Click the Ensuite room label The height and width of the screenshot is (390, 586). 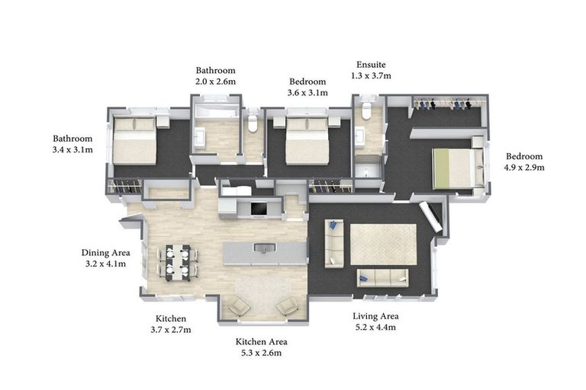click(371, 65)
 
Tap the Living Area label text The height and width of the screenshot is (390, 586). click(375, 316)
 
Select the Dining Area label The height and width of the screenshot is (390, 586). click(106, 253)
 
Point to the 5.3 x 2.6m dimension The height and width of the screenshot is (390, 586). click(261, 353)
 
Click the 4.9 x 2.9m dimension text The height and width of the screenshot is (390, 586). click(524, 167)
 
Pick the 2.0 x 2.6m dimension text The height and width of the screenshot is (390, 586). click(216, 82)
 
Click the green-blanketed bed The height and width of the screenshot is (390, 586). click(458, 168)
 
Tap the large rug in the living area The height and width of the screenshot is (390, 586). click(383, 245)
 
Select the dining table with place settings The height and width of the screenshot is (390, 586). click(178, 263)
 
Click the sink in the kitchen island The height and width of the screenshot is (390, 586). click(265, 248)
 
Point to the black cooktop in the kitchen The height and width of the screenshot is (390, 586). click(259, 209)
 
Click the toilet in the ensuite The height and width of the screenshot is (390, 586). click(366, 109)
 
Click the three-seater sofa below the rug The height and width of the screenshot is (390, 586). click(382, 278)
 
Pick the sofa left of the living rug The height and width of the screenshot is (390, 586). click(334, 243)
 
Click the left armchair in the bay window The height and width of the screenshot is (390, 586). click(239, 307)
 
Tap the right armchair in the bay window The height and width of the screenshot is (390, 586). click(287, 307)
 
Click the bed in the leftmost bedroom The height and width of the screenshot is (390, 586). click(134, 140)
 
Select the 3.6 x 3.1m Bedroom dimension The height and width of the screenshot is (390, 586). click(307, 93)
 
